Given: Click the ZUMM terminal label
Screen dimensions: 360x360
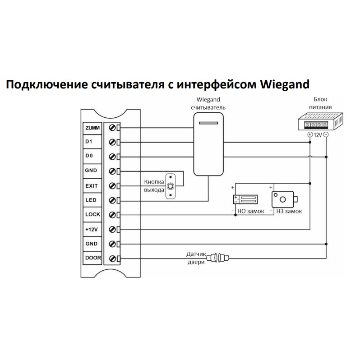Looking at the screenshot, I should (x=92, y=128).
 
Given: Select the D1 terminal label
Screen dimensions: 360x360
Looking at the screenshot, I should (x=88, y=142).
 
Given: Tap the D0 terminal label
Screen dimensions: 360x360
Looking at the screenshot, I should (x=88, y=157).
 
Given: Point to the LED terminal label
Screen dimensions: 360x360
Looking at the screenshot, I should (x=90, y=200).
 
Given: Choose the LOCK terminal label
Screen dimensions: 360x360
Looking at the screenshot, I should (x=92, y=214).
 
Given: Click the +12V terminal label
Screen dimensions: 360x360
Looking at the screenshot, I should (x=92, y=229).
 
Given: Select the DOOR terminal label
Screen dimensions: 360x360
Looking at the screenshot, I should (x=92, y=258).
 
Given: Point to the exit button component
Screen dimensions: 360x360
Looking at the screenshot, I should (x=170, y=186).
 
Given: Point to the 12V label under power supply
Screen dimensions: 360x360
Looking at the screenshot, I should (x=318, y=135).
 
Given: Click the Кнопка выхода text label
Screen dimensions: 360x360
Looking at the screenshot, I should (x=154, y=185).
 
